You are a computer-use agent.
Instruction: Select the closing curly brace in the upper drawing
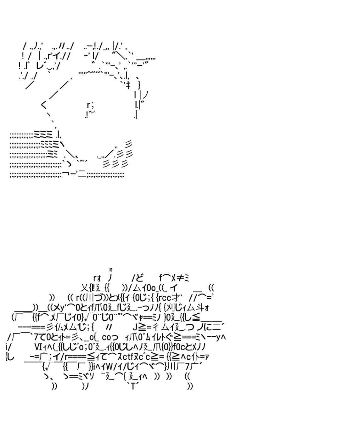[139, 85]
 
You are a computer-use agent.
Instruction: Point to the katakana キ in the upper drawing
[128, 85]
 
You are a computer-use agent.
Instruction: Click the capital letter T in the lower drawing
[133, 386]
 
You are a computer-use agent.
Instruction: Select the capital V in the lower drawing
[36, 347]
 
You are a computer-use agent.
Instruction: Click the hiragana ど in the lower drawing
[139, 278]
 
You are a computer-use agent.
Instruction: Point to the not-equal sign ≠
[180, 278]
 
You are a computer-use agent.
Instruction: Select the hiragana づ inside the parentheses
[98, 297]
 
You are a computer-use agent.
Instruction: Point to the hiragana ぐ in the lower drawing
[169, 337]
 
